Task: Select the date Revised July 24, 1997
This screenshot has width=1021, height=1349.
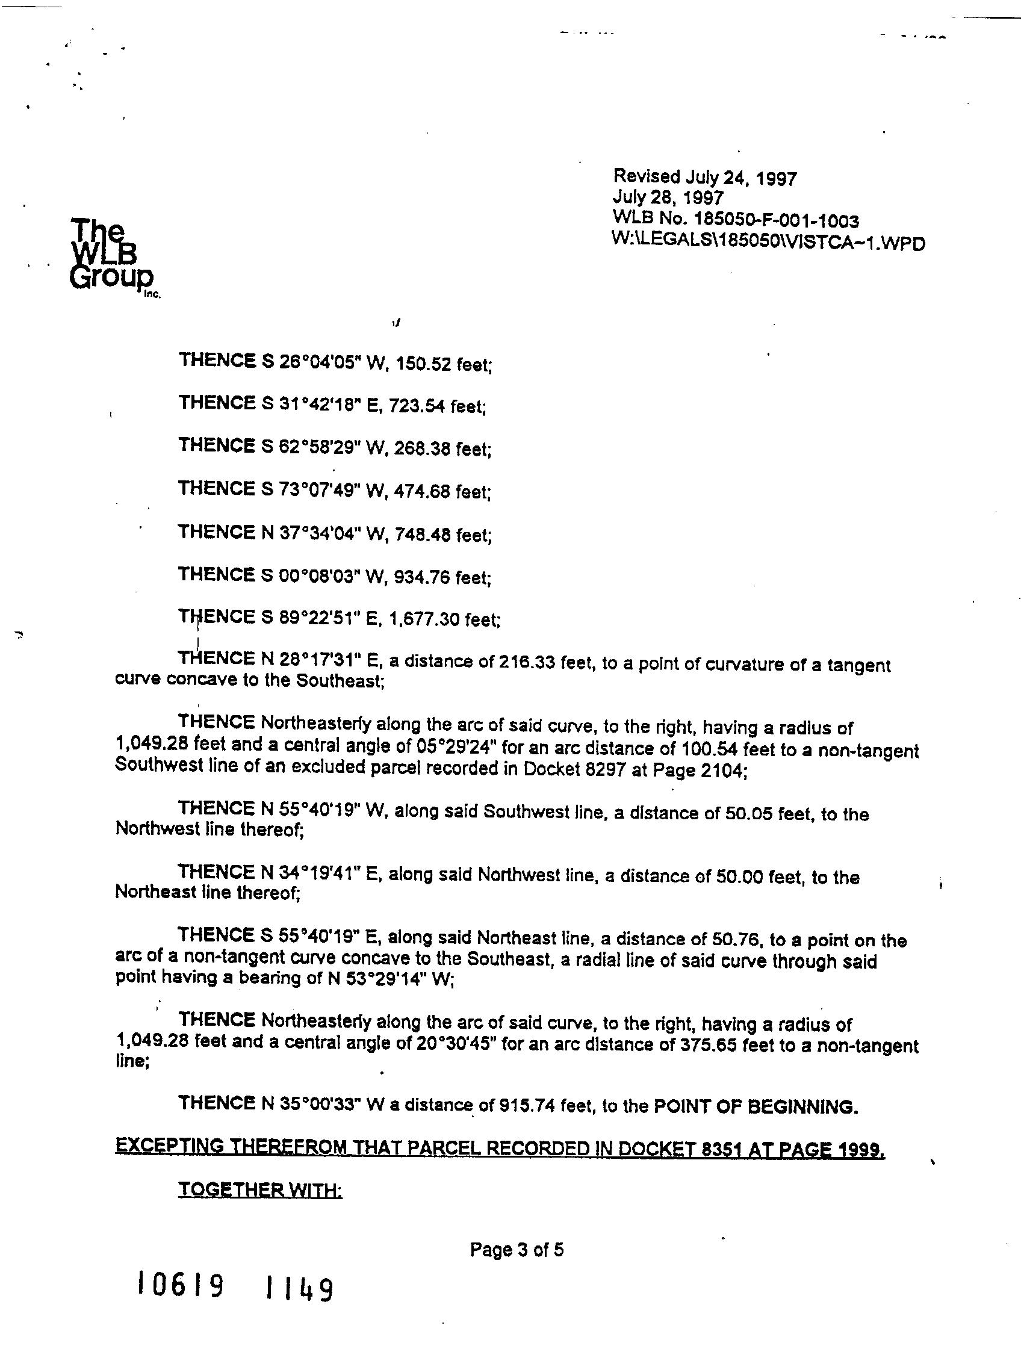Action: (704, 178)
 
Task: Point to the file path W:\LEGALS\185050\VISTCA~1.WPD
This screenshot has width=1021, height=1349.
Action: (768, 242)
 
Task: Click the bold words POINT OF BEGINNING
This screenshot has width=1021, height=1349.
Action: (756, 1106)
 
